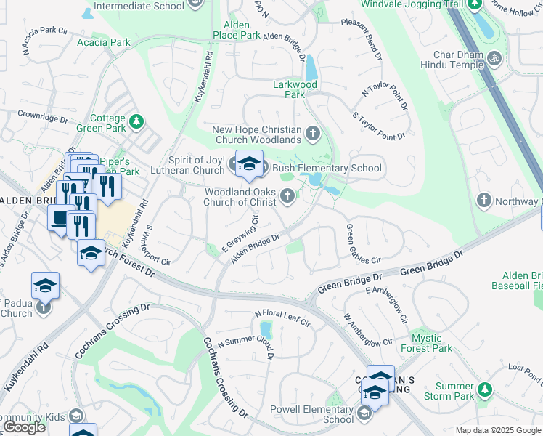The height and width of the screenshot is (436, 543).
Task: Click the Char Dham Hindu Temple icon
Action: click(494, 57)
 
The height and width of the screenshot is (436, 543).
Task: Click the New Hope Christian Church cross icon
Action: click(313, 134)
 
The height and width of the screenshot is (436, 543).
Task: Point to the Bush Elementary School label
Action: click(326, 169)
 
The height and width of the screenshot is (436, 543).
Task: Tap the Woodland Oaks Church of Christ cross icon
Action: click(288, 195)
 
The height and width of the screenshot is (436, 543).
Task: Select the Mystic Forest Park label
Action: click(426, 343)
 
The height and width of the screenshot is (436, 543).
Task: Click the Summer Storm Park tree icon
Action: click(486, 395)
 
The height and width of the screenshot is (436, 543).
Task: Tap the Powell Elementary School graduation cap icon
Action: click(364, 414)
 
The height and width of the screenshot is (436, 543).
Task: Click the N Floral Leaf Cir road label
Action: click(282, 318)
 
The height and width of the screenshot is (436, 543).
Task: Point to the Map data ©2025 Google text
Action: click(497, 430)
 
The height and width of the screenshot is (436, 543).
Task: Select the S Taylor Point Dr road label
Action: click(378, 125)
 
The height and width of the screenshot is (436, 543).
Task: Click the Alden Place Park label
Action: click(237, 30)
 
